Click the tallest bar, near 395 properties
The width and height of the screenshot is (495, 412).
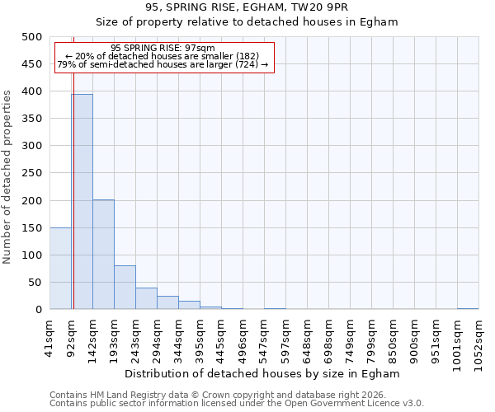click(x=82, y=202)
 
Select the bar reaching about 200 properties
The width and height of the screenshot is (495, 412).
click(x=103, y=255)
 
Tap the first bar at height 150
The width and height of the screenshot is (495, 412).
click(x=60, y=269)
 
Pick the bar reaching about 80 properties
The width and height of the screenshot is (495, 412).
click(x=125, y=288)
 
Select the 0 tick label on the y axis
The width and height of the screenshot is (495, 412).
click(x=38, y=310)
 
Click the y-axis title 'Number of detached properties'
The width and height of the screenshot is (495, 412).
click(x=7, y=173)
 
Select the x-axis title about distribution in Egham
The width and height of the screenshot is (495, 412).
click(x=264, y=373)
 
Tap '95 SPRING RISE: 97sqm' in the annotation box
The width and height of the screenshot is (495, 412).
click(x=163, y=48)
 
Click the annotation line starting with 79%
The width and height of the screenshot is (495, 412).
click(x=163, y=64)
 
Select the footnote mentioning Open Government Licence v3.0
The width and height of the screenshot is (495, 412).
click(x=237, y=404)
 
